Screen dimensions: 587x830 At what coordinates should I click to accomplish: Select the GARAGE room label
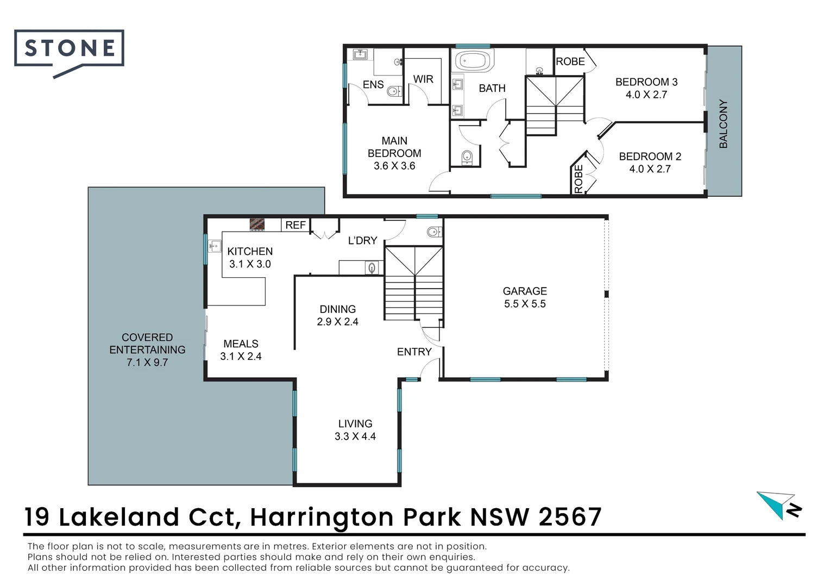point(524,291)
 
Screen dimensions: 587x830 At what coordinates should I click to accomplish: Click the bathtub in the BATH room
point(474,61)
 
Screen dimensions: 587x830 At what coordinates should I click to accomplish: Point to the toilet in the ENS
point(394,91)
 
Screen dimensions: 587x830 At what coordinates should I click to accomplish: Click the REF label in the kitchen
point(295,225)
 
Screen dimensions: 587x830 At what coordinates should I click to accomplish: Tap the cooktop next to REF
point(257,224)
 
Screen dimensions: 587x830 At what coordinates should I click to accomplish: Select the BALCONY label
point(723,123)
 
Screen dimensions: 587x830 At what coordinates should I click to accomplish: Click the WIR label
point(423,79)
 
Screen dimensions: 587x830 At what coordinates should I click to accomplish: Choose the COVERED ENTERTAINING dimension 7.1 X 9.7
point(147,363)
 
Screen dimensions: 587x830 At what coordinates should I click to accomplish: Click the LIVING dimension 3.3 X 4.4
point(355,436)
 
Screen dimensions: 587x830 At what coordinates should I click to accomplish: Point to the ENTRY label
point(414,352)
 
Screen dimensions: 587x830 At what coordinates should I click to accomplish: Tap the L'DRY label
point(362,240)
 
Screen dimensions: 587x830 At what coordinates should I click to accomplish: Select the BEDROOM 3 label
point(646,82)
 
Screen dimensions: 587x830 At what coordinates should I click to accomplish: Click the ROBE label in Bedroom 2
point(579,178)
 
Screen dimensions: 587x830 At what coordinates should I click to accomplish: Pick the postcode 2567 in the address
point(570,517)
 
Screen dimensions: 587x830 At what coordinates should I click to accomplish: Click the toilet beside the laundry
point(433,233)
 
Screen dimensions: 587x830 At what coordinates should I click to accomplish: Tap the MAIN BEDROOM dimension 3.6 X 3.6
point(394,166)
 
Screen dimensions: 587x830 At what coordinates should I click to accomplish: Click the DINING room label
point(337,309)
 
